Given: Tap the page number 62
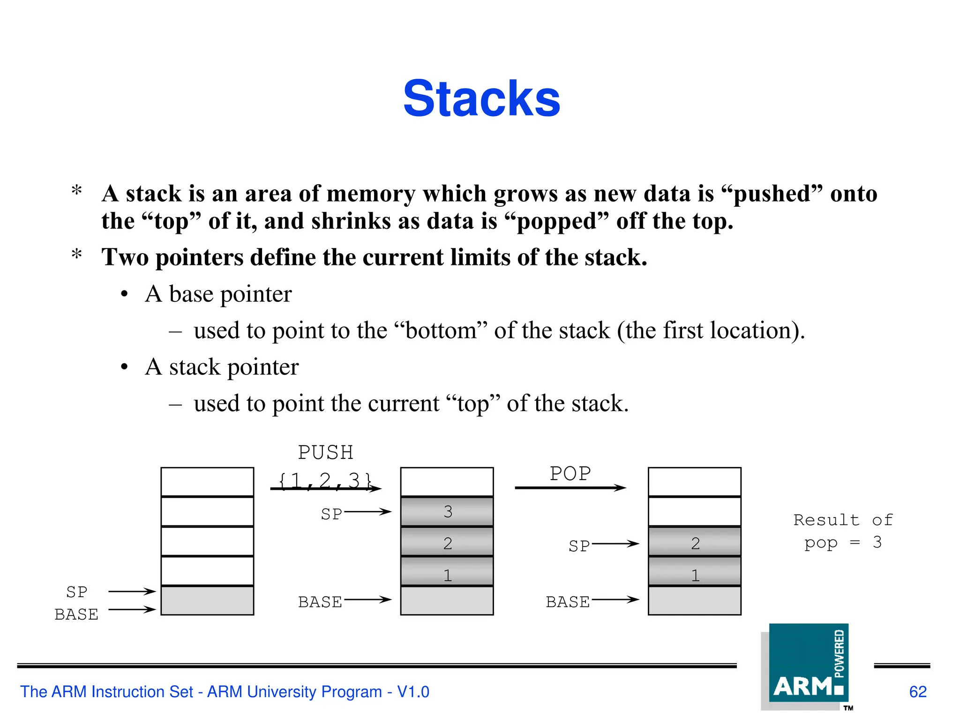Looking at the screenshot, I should (x=918, y=692).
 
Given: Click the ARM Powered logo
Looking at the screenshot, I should (x=809, y=666).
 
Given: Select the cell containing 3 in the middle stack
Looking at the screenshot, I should (x=447, y=511).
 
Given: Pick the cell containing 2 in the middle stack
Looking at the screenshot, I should (x=447, y=543).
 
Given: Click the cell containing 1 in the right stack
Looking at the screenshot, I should (x=695, y=575).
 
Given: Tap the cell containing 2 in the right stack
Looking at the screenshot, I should (x=695, y=543).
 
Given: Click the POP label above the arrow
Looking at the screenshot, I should (x=570, y=473).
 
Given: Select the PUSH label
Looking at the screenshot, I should (x=326, y=453).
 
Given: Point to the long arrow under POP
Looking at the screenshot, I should (x=570, y=488).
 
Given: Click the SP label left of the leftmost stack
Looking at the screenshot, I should (x=77, y=592).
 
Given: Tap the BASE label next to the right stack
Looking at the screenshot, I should (x=568, y=602).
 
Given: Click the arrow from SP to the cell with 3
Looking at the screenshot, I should (x=368, y=512).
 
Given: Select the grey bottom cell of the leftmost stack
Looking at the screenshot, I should (x=207, y=600).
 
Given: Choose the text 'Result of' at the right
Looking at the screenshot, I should (x=843, y=520).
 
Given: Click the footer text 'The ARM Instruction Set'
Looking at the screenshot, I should (x=106, y=692).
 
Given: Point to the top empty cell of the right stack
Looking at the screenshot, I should (x=695, y=481).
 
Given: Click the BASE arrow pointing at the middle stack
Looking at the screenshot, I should (x=368, y=600).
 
